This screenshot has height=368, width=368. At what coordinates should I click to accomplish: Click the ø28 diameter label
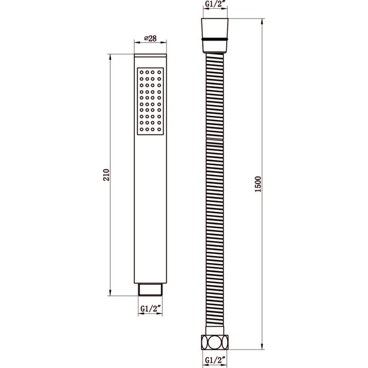pos(150,38)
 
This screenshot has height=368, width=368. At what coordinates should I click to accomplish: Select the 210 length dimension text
pos(106,175)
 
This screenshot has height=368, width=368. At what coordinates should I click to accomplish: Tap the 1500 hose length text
pos(258,184)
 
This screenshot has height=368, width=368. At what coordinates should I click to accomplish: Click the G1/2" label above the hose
pos(215,4)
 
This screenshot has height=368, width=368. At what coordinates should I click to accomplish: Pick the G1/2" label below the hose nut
pos(215,360)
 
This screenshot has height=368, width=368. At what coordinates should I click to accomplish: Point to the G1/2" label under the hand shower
pos(150,309)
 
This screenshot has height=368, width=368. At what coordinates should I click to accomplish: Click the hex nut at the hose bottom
pos(215,342)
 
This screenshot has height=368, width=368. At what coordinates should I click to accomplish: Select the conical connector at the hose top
pos(215,35)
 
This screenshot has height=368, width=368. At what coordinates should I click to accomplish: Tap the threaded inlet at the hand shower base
pos(150,290)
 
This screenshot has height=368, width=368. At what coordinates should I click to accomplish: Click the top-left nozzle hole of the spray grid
pos(141,72)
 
